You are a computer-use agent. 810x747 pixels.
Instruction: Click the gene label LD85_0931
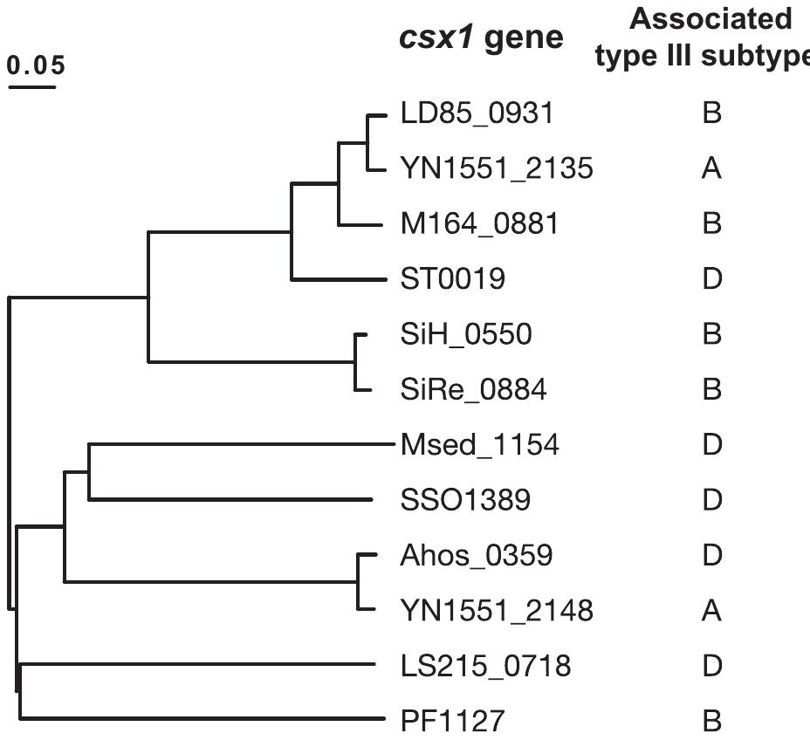click(x=477, y=113)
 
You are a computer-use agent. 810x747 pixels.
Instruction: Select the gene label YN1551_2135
click(x=497, y=168)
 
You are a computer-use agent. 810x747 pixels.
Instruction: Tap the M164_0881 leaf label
click(x=480, y=224)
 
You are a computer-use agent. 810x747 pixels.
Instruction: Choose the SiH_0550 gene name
click(x=465, y=334)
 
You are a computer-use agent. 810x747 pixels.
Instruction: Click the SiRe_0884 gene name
click(x=473, y=389)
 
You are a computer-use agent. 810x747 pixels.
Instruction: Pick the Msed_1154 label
click(x=479, y=445)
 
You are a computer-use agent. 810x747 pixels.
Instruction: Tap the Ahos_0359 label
click(x=476, y=555)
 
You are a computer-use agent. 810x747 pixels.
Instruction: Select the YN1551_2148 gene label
click(x=497, y=611)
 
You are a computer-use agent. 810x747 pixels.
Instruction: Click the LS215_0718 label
click(x=486, y=667)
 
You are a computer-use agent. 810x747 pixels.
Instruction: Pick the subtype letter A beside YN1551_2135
click(x=711, y=168)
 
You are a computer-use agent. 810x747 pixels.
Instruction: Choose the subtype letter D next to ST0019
click(x=711, y=279)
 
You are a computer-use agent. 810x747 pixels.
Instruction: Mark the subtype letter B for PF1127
click(x=711, y=722)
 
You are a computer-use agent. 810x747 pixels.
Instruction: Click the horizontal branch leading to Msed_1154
click(x=236, y=445)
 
